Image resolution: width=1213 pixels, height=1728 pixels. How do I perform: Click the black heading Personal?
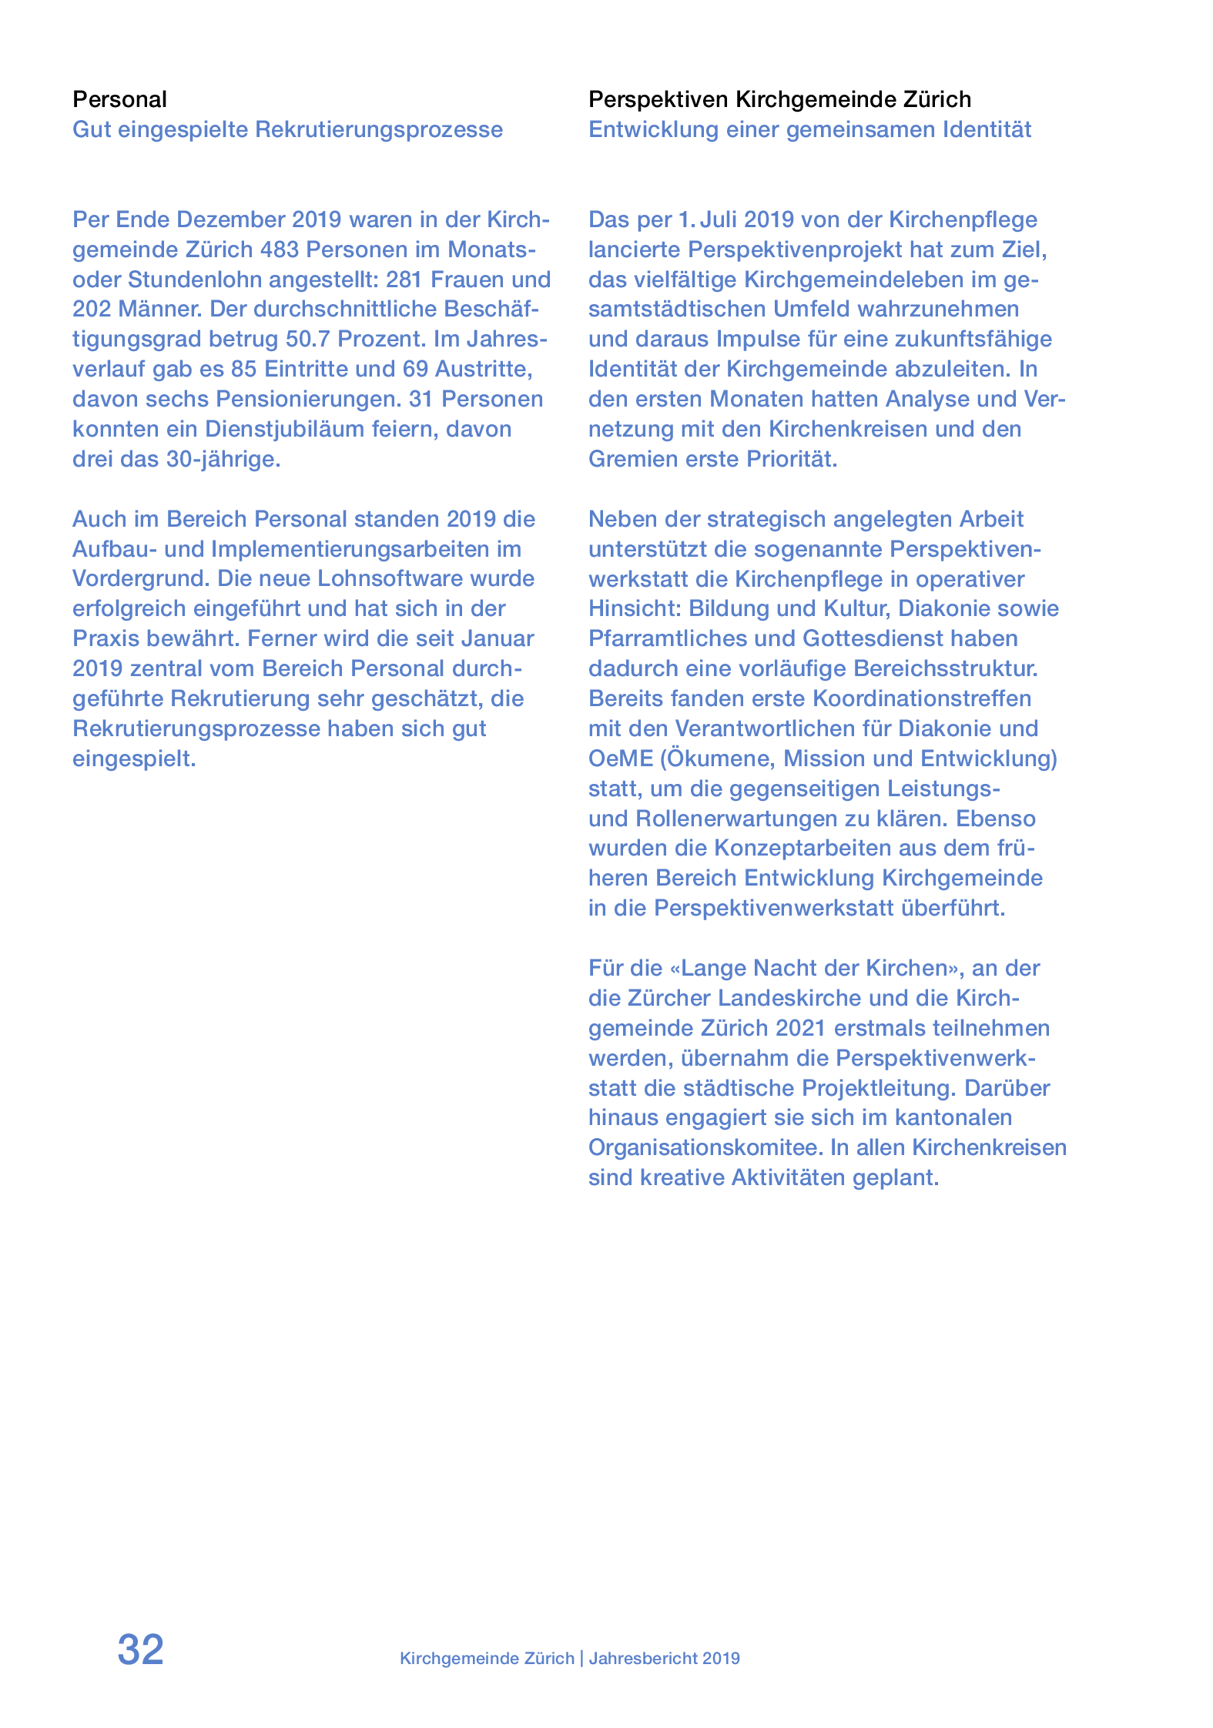(119, 99)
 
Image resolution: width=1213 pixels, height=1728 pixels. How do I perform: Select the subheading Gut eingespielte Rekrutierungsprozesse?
(287, 129)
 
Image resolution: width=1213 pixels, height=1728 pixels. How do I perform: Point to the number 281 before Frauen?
(404, 280)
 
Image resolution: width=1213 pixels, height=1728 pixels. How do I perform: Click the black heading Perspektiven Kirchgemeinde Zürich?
(779, 99)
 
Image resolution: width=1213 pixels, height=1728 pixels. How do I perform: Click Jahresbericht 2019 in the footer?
(664, 1659)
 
